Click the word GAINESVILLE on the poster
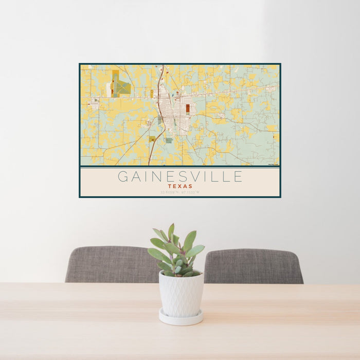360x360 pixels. click(x=180, y=177)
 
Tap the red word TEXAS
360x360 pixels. click(x=180, y=187)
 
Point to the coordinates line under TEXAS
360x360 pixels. click(x=180, y=192)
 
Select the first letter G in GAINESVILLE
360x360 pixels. click(x=123, y=177)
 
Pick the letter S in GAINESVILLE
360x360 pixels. click(x=184, y=177)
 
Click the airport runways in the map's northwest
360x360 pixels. click(x=120, y=85)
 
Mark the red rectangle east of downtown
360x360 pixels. click(x=188, y=109)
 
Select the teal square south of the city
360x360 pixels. click(x=169, y=140)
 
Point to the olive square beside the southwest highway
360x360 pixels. click(x=152, y=139)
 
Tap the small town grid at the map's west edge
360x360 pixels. click(x=94, y=105)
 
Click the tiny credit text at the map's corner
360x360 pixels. click(x=273, y=165)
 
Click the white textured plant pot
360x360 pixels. click(x=181, y=294)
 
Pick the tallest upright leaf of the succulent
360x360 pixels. click(x=171, y=232)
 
